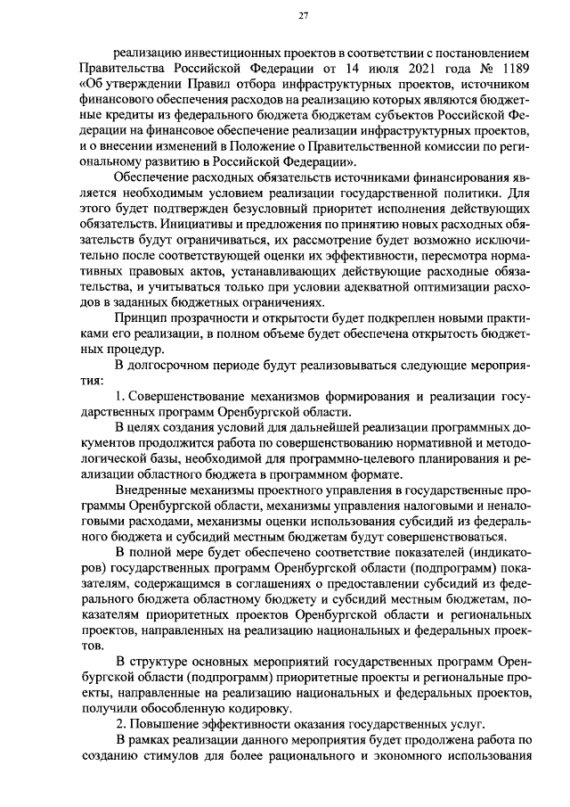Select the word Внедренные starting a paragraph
click(x=157, y=490)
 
